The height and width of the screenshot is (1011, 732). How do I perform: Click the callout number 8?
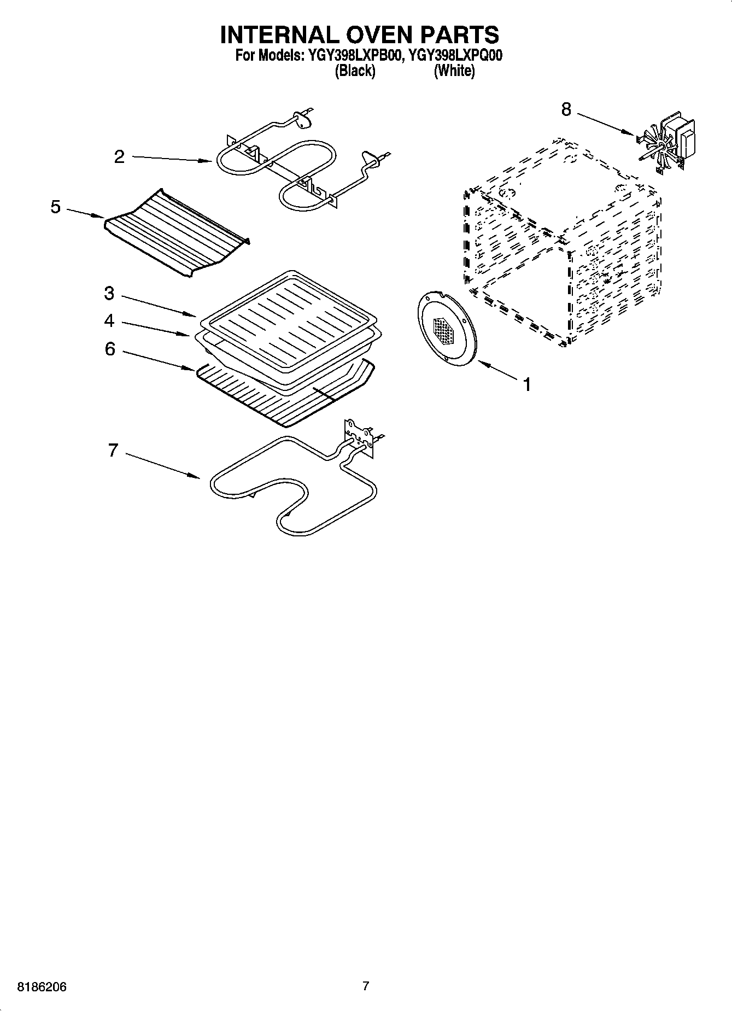pos(566,110)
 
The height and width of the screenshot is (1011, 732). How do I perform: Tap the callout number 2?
pos(119,157)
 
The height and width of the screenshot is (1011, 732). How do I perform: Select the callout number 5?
pos(56,207)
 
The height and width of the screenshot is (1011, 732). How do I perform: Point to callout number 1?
pos(526,385)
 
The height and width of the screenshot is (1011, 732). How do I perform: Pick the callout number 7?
pos(113,451)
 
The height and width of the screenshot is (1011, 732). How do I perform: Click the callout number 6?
pos(110,349)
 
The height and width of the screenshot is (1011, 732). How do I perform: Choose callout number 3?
pos(109,294)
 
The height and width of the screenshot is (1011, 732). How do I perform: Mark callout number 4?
pos(109,320)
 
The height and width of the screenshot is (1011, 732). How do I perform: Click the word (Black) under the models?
pos(355,71)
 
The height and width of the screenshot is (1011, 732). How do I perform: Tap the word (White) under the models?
pos(454,71)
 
